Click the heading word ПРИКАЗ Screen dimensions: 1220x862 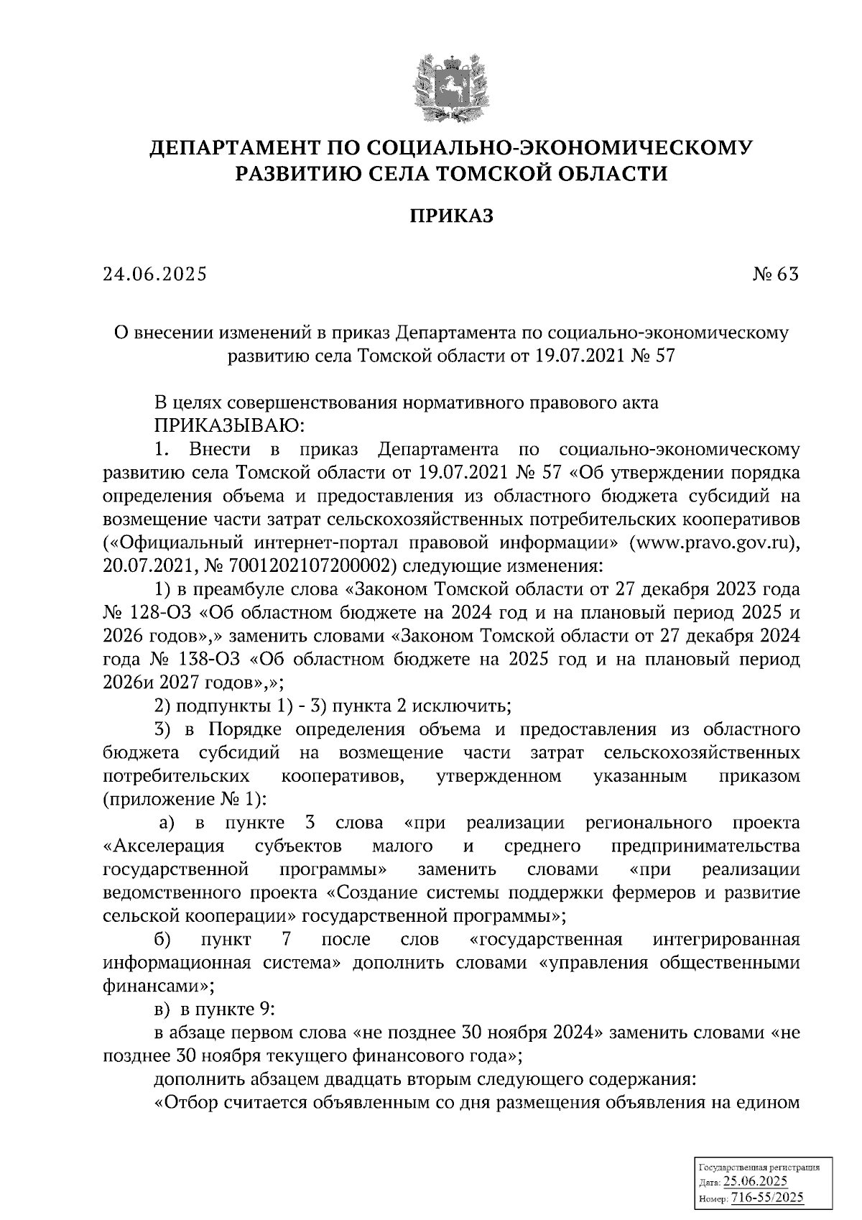click(x=452, y=216)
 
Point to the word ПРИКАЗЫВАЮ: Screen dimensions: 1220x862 click(x=229, y=426)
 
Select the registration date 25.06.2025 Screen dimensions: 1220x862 click(x=755, y=1182)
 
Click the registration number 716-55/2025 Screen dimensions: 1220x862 click(x=766, y=1198)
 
